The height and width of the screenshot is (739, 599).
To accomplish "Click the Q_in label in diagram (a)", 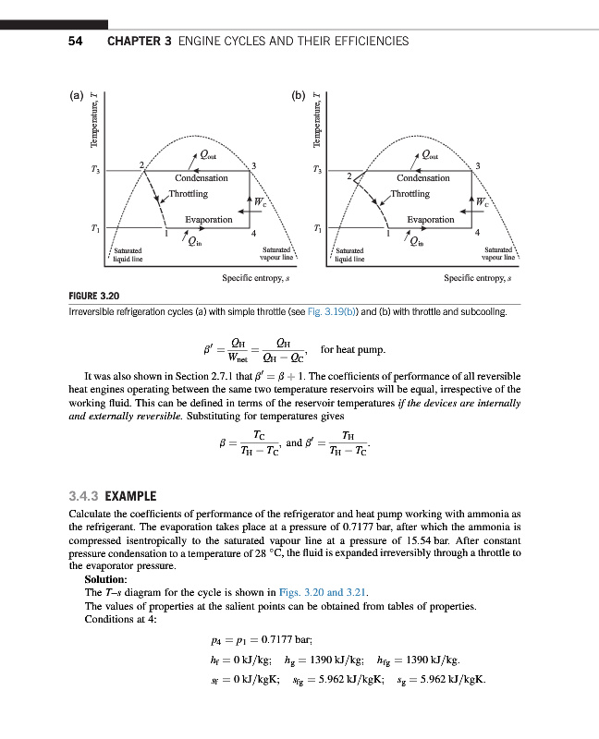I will (x=192, y=244).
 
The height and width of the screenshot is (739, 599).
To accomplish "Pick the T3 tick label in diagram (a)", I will (x=96, y=170).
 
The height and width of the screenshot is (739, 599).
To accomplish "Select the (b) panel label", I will (x=299, y=94).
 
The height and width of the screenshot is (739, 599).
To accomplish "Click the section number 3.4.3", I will (x=86, y=496).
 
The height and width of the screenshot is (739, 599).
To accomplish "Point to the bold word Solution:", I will (x=105, y=579).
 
